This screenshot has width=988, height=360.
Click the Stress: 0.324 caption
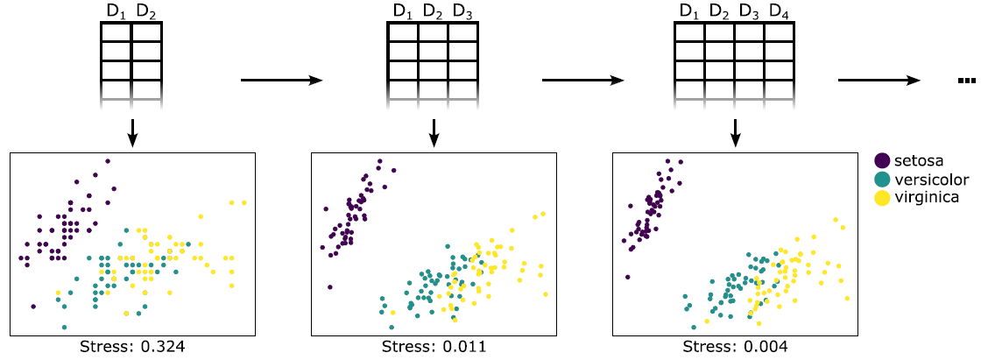(131, 347)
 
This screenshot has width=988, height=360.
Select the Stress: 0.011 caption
(434, 347)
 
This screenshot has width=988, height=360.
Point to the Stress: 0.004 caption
(735, 347)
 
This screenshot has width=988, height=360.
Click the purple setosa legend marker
(883, 160)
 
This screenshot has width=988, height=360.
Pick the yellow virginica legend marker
(883, 198)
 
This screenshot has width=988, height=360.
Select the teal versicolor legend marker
(883, 180)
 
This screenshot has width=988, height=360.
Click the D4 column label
(779, 12)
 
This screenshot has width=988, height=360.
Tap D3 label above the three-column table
(462, 12)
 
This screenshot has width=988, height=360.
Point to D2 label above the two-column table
(147, 12)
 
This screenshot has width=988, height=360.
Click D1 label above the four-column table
(689, 12)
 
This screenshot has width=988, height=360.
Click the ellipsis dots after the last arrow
(967, 81)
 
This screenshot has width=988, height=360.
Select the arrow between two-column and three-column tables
(281, 81)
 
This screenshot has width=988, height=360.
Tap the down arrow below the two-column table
(131, 131)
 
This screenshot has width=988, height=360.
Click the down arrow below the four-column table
(736, 131)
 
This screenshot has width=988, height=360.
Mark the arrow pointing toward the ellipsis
(879, 81)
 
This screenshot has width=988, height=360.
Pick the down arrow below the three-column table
(434, 131)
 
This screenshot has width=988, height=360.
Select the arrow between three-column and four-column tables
(583, 81)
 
